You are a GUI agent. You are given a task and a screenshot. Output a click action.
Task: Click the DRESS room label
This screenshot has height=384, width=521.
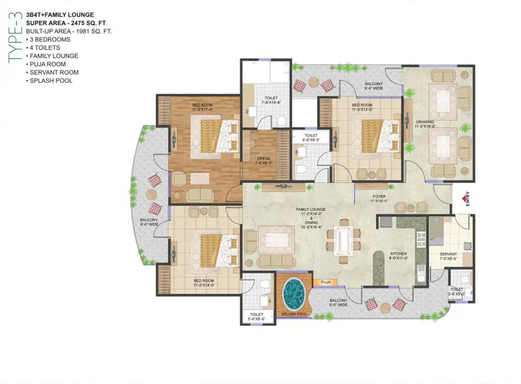(263, 159)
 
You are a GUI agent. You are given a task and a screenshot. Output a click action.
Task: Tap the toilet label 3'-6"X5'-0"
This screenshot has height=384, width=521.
(457, 291)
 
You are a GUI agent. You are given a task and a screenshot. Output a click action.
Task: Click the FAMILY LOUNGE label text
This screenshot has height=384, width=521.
(311, 209)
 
